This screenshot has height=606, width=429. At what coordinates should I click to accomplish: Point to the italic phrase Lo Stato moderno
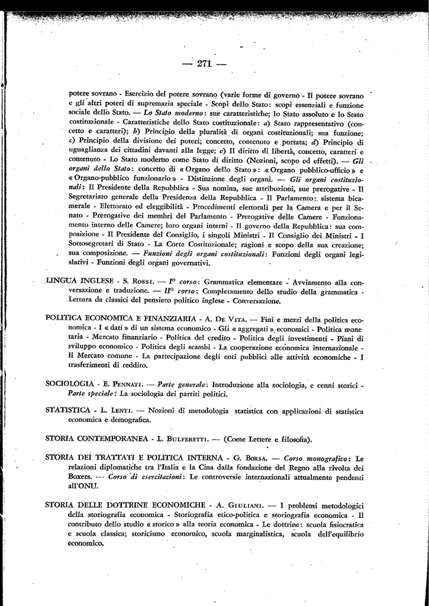(x=178, y=113)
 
